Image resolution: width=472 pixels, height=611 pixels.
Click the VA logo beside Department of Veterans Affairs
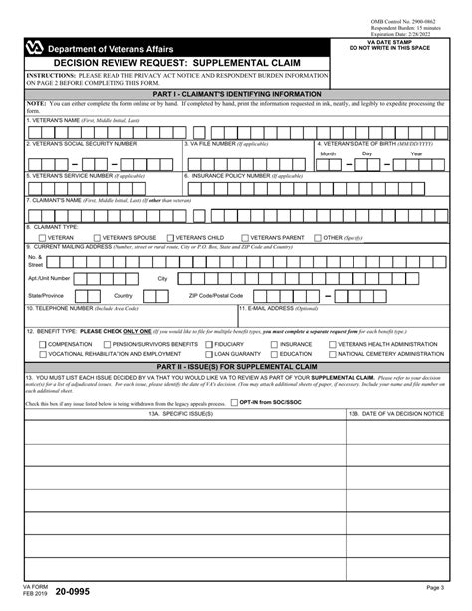(x=38, y=48)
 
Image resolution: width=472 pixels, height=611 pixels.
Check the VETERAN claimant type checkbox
(x=42, y=238)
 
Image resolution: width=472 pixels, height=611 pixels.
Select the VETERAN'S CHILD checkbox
(x=172, y=238)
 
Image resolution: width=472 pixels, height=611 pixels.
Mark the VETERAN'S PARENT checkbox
(x=244, y=238)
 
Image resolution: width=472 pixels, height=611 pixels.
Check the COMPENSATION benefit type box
(x=42, y=343)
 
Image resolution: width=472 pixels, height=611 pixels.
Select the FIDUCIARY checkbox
(x=208, y=343)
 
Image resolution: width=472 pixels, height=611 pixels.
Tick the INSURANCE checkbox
(x=272, y=343)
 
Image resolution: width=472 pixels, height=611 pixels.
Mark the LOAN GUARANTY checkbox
(x=208, y=353)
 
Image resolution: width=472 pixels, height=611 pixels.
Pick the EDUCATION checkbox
(x=272, y=353)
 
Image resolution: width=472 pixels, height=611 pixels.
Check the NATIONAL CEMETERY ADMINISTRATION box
(x=334, y=353)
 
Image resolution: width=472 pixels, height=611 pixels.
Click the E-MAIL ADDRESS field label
(x=274, y=308)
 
